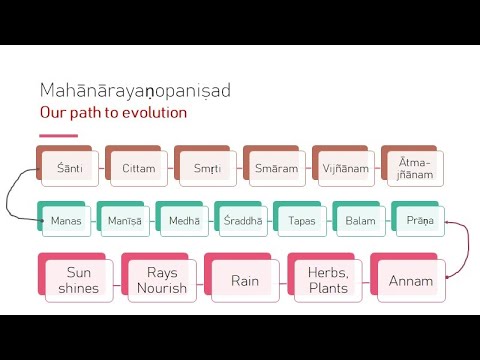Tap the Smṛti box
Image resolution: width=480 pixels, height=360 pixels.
pyautogui.click(x=207, y=168)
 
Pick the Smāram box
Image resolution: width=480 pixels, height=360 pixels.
pyautogui.click(x=276, y=168)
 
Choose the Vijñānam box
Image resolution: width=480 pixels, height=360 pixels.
pyautogui.click(x=345, y=168)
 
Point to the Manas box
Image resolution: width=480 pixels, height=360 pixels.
pyautogui.click(x=68, y=221)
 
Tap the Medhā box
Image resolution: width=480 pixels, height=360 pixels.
pyautogui.click(x=184, y=221)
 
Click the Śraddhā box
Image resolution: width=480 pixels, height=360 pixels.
pyautogui.click(x=243, y=221)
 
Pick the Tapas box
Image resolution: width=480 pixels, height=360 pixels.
pyautogui.click(x=302, y=221)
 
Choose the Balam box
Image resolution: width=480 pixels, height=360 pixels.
pyautogui.click(x=360, y=221)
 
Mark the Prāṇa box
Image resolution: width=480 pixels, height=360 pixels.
pyautogui.click(x=419, y=221)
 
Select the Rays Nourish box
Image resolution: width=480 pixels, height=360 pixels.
pyautogui.click(x=161, y=280)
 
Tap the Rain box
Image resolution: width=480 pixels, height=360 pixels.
pyautogui.click(x=244, y=280)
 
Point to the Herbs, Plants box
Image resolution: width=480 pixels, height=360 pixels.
pyautogui.click(x=328, y=280)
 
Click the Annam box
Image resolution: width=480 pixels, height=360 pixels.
pyautogui.click(x=411, y=281)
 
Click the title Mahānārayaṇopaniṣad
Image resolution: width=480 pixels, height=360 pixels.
pyautogui.click(x=134, y=91)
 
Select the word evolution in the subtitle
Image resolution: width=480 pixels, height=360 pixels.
pyautogui.click(x=150, y=112)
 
